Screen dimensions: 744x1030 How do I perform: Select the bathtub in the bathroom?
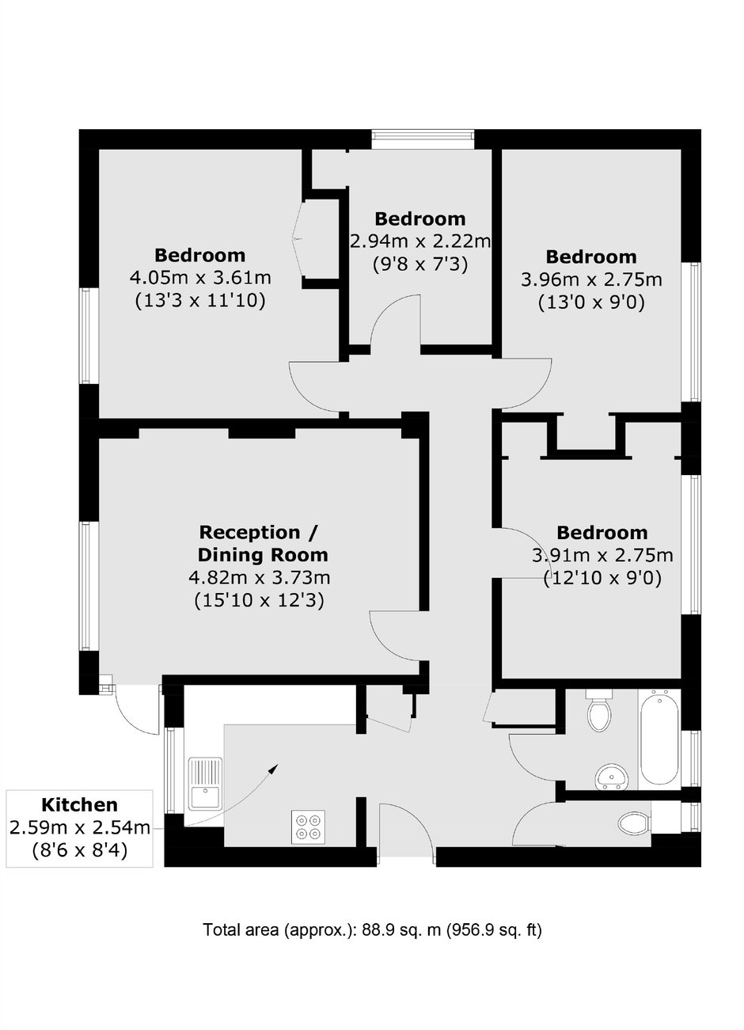click(x=659, y=741)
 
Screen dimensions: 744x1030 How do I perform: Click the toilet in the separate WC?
click(x=633, y=823)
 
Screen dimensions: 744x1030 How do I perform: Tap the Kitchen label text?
click(x=80, y=804)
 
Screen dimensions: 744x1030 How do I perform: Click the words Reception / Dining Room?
click(x=262, y=544)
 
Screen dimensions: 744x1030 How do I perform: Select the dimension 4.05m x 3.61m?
click(x=200, y=278)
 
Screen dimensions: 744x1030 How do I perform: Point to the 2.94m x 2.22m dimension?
click(x=420, y=241)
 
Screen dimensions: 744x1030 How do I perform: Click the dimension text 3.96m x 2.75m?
click(x=591, y=279)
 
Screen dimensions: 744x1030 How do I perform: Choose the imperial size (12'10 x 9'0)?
click(x=602, y=578)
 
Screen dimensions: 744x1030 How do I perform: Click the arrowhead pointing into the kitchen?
click(x=274, y=768)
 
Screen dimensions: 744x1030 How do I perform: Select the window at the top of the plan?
click(x=423, y=139)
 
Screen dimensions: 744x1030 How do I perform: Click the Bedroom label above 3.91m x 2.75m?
click(x=602, y=534)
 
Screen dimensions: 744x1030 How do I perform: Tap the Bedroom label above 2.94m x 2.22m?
click(x=420, y=219)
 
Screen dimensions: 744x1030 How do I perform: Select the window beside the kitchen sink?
click(x=169, y=770)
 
